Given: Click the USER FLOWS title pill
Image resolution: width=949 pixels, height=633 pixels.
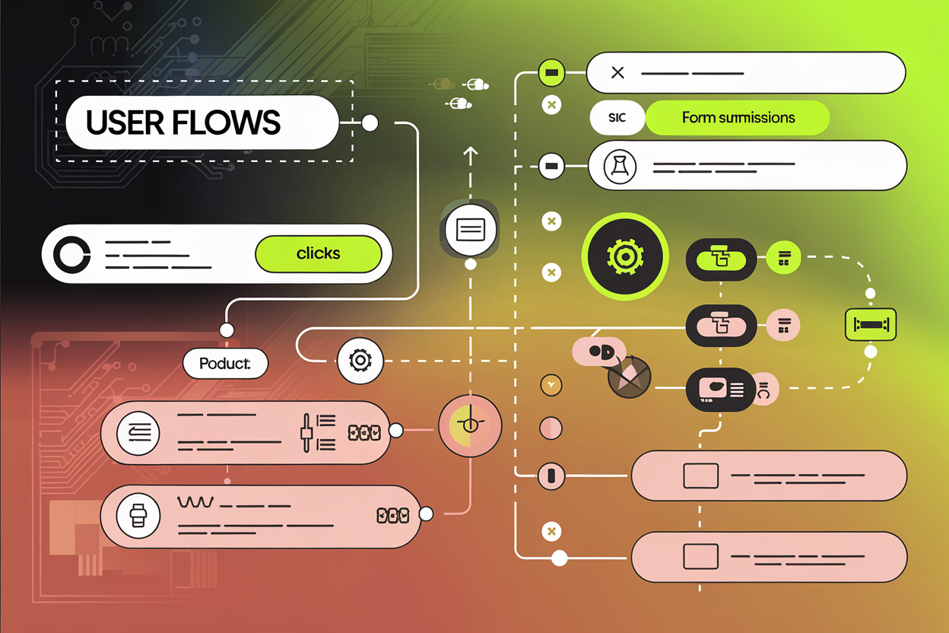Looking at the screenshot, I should pyautogui.click(x=202, y=122).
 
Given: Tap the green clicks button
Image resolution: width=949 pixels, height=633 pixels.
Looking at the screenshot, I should pyautogui.click(x=319, y=253).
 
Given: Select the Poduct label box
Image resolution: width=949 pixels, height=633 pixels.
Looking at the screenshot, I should pyautogui.click(x=226, y=364).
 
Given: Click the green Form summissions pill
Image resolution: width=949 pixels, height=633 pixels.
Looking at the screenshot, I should pyautogui.click(x=737, y=118).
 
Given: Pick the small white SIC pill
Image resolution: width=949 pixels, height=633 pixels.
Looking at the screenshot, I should pyautogui.click(x=617, y=119).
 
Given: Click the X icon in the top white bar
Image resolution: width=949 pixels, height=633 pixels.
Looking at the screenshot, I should pyautogui.click(x=617, y=73).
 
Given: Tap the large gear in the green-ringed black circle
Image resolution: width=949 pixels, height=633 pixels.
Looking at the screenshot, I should pyautogui.click(x=625, y=256).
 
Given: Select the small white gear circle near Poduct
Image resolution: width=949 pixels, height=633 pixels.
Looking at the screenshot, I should pyautogui.click(x=360, y=359).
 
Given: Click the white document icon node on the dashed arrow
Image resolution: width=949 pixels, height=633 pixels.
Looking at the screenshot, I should pyautogui.click(x=471, y=229).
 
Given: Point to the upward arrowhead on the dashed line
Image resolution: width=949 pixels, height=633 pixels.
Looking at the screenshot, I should pyautogui.click(x=471, y=152).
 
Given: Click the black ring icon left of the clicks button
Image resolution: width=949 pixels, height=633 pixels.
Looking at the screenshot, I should pyautogui.click(x=71, y=254).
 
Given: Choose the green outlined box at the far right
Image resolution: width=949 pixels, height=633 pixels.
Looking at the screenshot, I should pyautogui.click(x=871, y=324).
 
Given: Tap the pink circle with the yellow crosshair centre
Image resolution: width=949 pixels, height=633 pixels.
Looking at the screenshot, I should pyautogui.click(x=470, y=425).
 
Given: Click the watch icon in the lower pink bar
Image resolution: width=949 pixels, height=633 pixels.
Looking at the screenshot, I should pyautogui.click(x=138, y=515).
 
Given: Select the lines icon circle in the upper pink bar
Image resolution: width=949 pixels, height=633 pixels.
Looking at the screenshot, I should pyautogui.click(x=138, y=434).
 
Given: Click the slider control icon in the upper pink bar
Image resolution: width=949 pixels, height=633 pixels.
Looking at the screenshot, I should pyautogui.click(x=307, y=434).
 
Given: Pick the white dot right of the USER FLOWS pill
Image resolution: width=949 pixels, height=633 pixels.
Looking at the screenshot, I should pyautogui.click(x=370, y=123).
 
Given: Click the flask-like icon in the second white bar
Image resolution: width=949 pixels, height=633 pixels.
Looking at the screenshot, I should pyautogui.click(x=620, y=166).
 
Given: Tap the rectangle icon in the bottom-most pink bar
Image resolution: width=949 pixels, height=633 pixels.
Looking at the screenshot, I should pyautogui.click(x=700, y=556).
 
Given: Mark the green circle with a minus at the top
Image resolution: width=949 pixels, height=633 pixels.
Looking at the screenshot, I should pyautogui.click(x=551, y=73).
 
